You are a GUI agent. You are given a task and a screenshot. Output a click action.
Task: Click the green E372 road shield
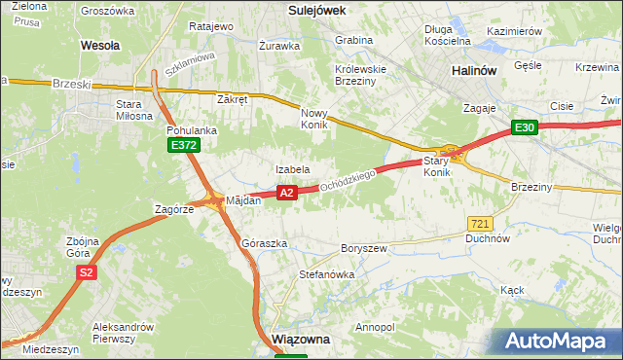coord(183,145)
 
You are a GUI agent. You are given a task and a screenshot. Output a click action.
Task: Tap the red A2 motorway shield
coord(286,194)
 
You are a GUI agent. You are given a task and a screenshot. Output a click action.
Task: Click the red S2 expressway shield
coord(87,273)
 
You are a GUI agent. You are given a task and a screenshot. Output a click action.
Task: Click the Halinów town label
coord(475,71)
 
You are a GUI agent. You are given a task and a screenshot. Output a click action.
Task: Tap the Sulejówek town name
coord(318,9)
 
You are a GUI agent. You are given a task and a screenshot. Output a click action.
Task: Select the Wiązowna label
coord(302,340)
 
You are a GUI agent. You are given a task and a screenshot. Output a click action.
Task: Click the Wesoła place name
coord(100,45)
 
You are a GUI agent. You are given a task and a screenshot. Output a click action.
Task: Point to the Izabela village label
coord(292,169)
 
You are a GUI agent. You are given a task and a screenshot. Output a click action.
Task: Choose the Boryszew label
coord(364,248)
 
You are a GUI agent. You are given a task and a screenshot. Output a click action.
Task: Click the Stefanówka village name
coord(326,274)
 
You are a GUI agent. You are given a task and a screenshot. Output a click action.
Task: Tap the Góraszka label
coord(264,243)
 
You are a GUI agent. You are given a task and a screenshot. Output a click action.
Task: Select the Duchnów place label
coord(488,237)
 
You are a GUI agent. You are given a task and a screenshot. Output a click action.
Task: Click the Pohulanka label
coord(191,128)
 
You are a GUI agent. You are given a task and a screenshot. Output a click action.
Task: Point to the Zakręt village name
coord(234,99)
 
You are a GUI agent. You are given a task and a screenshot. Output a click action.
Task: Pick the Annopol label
coord(376,327)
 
